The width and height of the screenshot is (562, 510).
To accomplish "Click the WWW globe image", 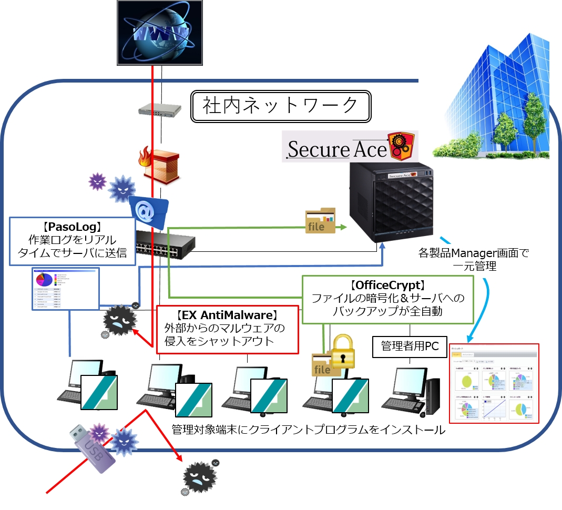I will (x=160, y=33).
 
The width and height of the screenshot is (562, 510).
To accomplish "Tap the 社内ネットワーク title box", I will (x=281, y=107).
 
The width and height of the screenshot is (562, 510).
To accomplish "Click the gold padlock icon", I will (x=342, y=351).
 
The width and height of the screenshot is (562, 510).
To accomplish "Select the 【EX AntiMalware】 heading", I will (x=227, y=315).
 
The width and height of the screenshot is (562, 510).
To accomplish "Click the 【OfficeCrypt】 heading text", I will (x=387, y=285).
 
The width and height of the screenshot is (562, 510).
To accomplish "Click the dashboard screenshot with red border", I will (x=494, y=383).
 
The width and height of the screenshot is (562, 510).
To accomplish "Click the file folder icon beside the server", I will (x=320, y=221).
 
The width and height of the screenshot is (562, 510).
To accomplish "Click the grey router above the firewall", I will (x=160, y=109).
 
